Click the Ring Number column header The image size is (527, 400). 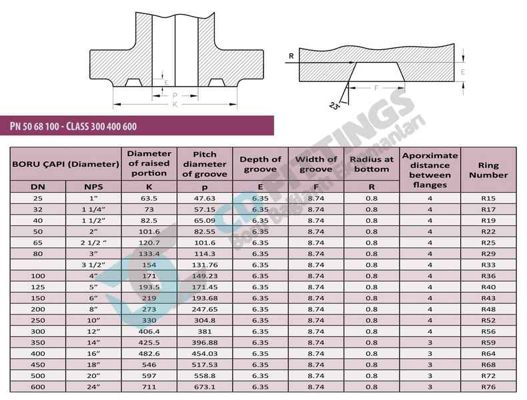pyautogui.click(x=488, y=170)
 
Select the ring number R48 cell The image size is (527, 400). pyautogui.click(x=488, y=309)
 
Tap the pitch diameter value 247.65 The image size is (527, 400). pyautogui.click(x=205, y=309)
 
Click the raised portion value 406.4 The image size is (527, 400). pyautogui.click(x=149, y=331)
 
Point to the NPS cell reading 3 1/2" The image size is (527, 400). pyautogui.click(x=93, y=265)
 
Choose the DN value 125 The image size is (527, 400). pyautogui.click(x=37, y=287)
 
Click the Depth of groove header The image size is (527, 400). pyautogui.click(x=260, y=164)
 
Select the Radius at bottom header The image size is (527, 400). pyautogui.click(x=372, y=164)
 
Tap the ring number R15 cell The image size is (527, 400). pyautogui.click(x=488, y=199)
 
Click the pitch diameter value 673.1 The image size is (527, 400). pyautogui.click(x=205, y=387)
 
